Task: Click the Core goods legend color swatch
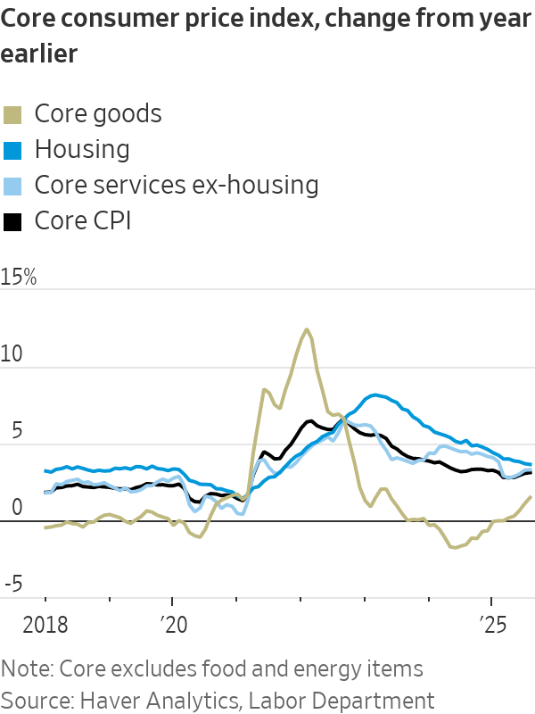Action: point(12,113)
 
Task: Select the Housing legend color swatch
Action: point(12,149)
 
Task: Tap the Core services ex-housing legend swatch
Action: point(12,185)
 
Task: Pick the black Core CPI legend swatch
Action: point(12,220)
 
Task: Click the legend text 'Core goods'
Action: point(98,113)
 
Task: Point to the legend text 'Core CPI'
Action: point(83,220)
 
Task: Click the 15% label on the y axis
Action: point(19,277)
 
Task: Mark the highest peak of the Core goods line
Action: point(307,329)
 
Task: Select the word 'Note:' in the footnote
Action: point(26,668)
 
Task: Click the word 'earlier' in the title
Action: point(39,54)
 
